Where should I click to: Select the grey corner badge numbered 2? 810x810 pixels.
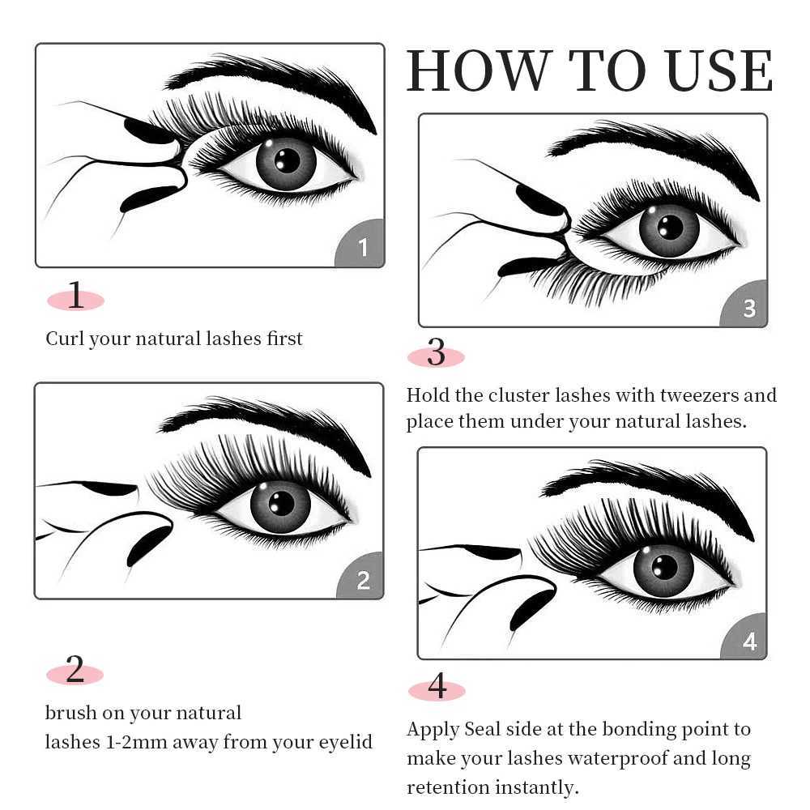tap(363, 580)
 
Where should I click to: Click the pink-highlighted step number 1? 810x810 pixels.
tap(75, 297)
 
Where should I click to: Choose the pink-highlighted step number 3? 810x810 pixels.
tap(436, 354)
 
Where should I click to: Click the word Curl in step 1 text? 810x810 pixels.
tap(64, 339)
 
